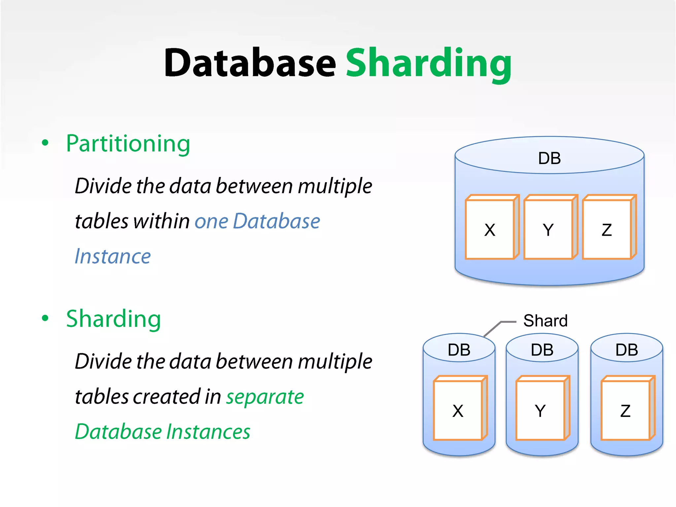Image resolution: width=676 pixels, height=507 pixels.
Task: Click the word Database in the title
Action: pos(250,63)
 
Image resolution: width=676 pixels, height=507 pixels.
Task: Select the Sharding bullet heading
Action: pos(114,319)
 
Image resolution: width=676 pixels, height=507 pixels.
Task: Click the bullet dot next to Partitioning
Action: pos(45,143)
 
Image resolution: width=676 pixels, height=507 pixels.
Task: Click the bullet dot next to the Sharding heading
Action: pos(45,318)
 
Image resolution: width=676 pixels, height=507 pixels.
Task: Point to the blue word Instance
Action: pos(113,256)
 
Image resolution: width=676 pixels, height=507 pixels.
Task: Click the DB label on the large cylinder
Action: pos(549,158)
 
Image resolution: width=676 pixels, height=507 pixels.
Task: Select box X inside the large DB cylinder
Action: pos(490,230)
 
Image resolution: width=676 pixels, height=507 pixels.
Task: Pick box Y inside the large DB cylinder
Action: pos(548,230)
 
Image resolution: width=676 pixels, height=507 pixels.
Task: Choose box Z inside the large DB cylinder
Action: pos(607,230)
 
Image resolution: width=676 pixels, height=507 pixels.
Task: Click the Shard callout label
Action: pos(545,321)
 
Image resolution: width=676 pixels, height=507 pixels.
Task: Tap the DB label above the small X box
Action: pos(459,350)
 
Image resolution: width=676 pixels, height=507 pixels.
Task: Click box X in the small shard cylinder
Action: pos(458,411)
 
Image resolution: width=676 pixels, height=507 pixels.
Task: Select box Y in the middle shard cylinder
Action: pos(540,411)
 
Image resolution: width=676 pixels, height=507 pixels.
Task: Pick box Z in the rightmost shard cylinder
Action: pos(625,411)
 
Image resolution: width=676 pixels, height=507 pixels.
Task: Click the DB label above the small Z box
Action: pos(626,350)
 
